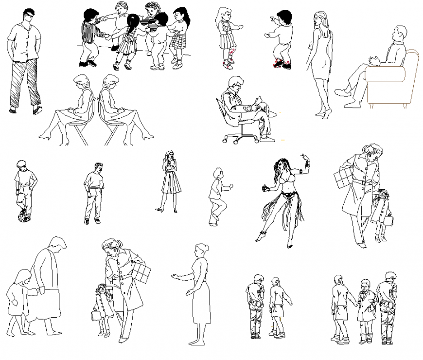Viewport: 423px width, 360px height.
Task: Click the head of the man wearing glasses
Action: (x=29, y=18)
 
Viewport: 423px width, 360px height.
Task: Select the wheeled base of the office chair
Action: (x=240, y=138)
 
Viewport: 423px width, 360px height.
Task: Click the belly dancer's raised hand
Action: (x=305, y=157)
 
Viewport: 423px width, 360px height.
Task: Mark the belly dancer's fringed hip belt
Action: (x=288, y=197)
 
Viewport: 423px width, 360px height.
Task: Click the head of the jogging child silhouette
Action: (x=217, y=174)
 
